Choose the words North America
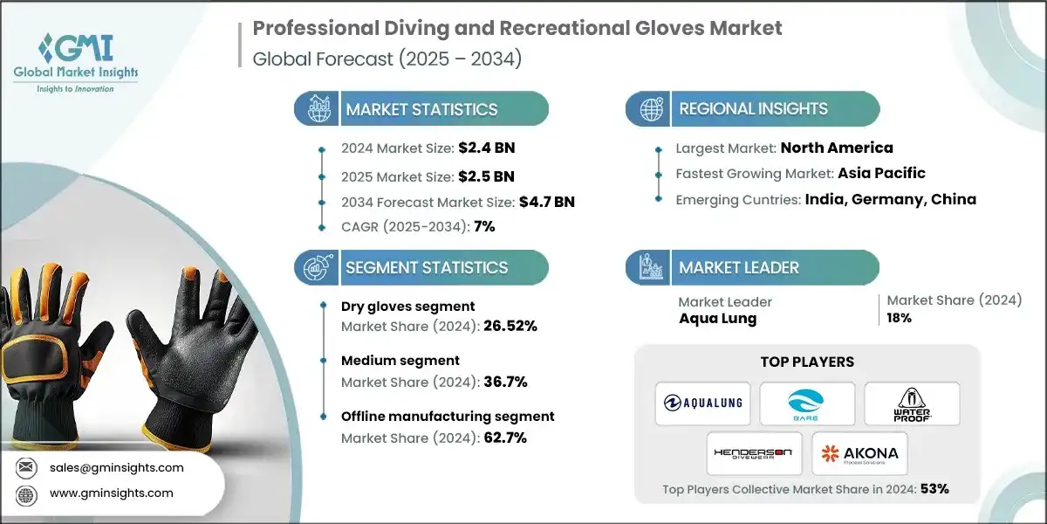837,148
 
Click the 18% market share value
900,318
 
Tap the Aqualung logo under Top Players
703,403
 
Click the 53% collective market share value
934,489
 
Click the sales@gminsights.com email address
116,467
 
